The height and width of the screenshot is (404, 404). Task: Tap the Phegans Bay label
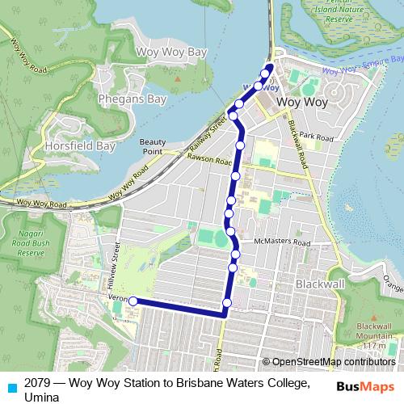click(x=132, y=99)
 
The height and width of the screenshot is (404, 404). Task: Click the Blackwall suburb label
click(x=320, y=284)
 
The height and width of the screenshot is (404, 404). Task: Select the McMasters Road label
click(x=281, y=241)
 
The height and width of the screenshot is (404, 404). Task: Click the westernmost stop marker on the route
click(x=133, y=301)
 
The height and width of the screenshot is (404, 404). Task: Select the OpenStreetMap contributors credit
click(x=334, y=362)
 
